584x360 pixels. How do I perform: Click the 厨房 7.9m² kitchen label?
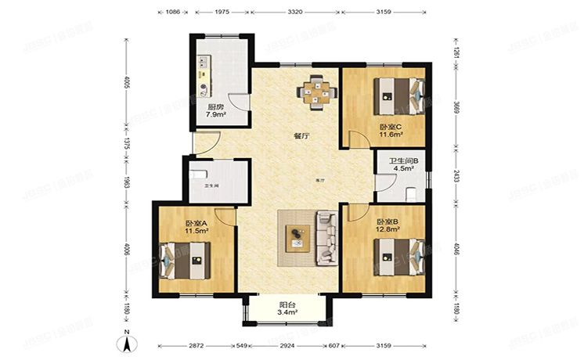pyautogui.click(x=216, y=110)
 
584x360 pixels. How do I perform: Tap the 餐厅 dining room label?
pyautogui.click(x=301, y=135)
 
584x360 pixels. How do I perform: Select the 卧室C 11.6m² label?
pyautogui.click(x=391, y=130)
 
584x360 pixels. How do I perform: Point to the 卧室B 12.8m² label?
pyautogui.click(x=388, y=226)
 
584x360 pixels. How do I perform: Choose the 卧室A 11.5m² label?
pyautogui.click(x=195, y=228)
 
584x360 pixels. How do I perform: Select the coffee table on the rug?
pyautogui.click(x=297, y=236)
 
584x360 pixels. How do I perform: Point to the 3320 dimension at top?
pyautogui.click(x=295, y=13)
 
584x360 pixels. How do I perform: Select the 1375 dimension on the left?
pyautogui.click(x=127, y=142)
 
